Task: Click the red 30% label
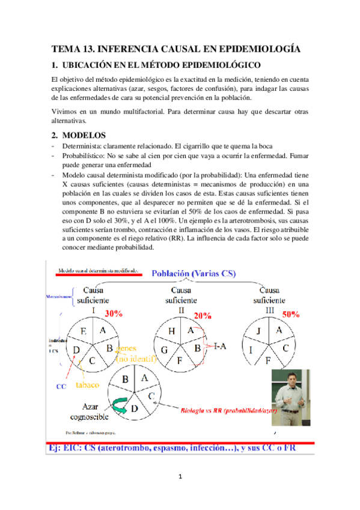pyautogui.click(x=114, y=313)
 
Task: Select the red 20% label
pyautogui.click(x=203, y=316)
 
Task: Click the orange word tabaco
pyautogui.click(x=88, y=384)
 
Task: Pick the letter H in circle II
pyautogui.click(x=171, y=331)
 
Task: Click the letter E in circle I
pyautogui.click(x=83, y=331)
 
